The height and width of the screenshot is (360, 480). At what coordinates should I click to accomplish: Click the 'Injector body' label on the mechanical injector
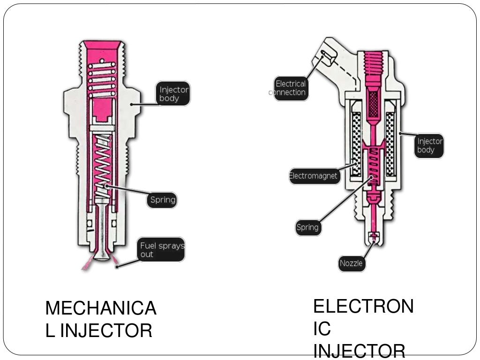tap(173, 93)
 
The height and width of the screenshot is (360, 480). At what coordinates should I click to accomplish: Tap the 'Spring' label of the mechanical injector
tap(162, 200)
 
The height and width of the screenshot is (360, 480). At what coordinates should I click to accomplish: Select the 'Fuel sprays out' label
tap(162, 249)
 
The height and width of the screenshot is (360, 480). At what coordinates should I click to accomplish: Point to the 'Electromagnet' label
tap(314, 176)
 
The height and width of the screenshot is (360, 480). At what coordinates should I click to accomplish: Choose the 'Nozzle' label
tap(351, 263)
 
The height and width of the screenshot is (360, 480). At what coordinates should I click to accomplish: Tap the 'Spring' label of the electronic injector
tap(307, 228)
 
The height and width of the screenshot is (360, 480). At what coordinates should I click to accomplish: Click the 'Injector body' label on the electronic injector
tap(429, 145)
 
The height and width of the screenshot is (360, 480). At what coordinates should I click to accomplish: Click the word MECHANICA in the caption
tap(101, 309)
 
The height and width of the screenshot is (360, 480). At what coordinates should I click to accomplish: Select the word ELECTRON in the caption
tap(363, 307)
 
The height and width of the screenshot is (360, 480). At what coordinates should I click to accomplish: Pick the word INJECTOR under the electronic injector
tap(359, 351)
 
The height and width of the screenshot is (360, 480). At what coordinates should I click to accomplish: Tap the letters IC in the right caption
tap(322, 329)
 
